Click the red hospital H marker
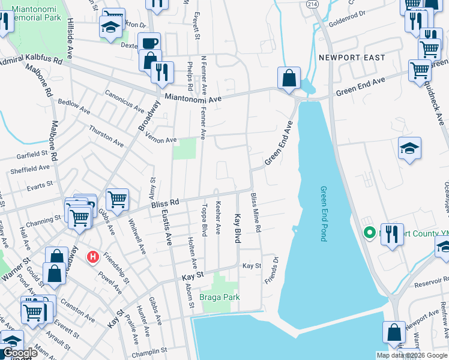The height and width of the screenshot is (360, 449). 93,257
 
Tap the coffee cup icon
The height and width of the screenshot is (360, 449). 149,43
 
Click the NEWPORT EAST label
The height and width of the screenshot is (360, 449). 343,58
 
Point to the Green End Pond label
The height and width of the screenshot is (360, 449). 322,213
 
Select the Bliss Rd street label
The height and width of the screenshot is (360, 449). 165,204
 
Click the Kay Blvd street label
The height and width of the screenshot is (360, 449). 238,228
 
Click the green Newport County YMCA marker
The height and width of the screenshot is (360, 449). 370,233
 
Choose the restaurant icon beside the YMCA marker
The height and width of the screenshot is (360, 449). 391,233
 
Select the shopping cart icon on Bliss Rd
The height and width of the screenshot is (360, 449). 117,199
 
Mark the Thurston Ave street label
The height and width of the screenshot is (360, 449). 105,134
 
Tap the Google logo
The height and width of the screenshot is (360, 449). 20,353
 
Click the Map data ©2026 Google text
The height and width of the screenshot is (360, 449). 412,355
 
